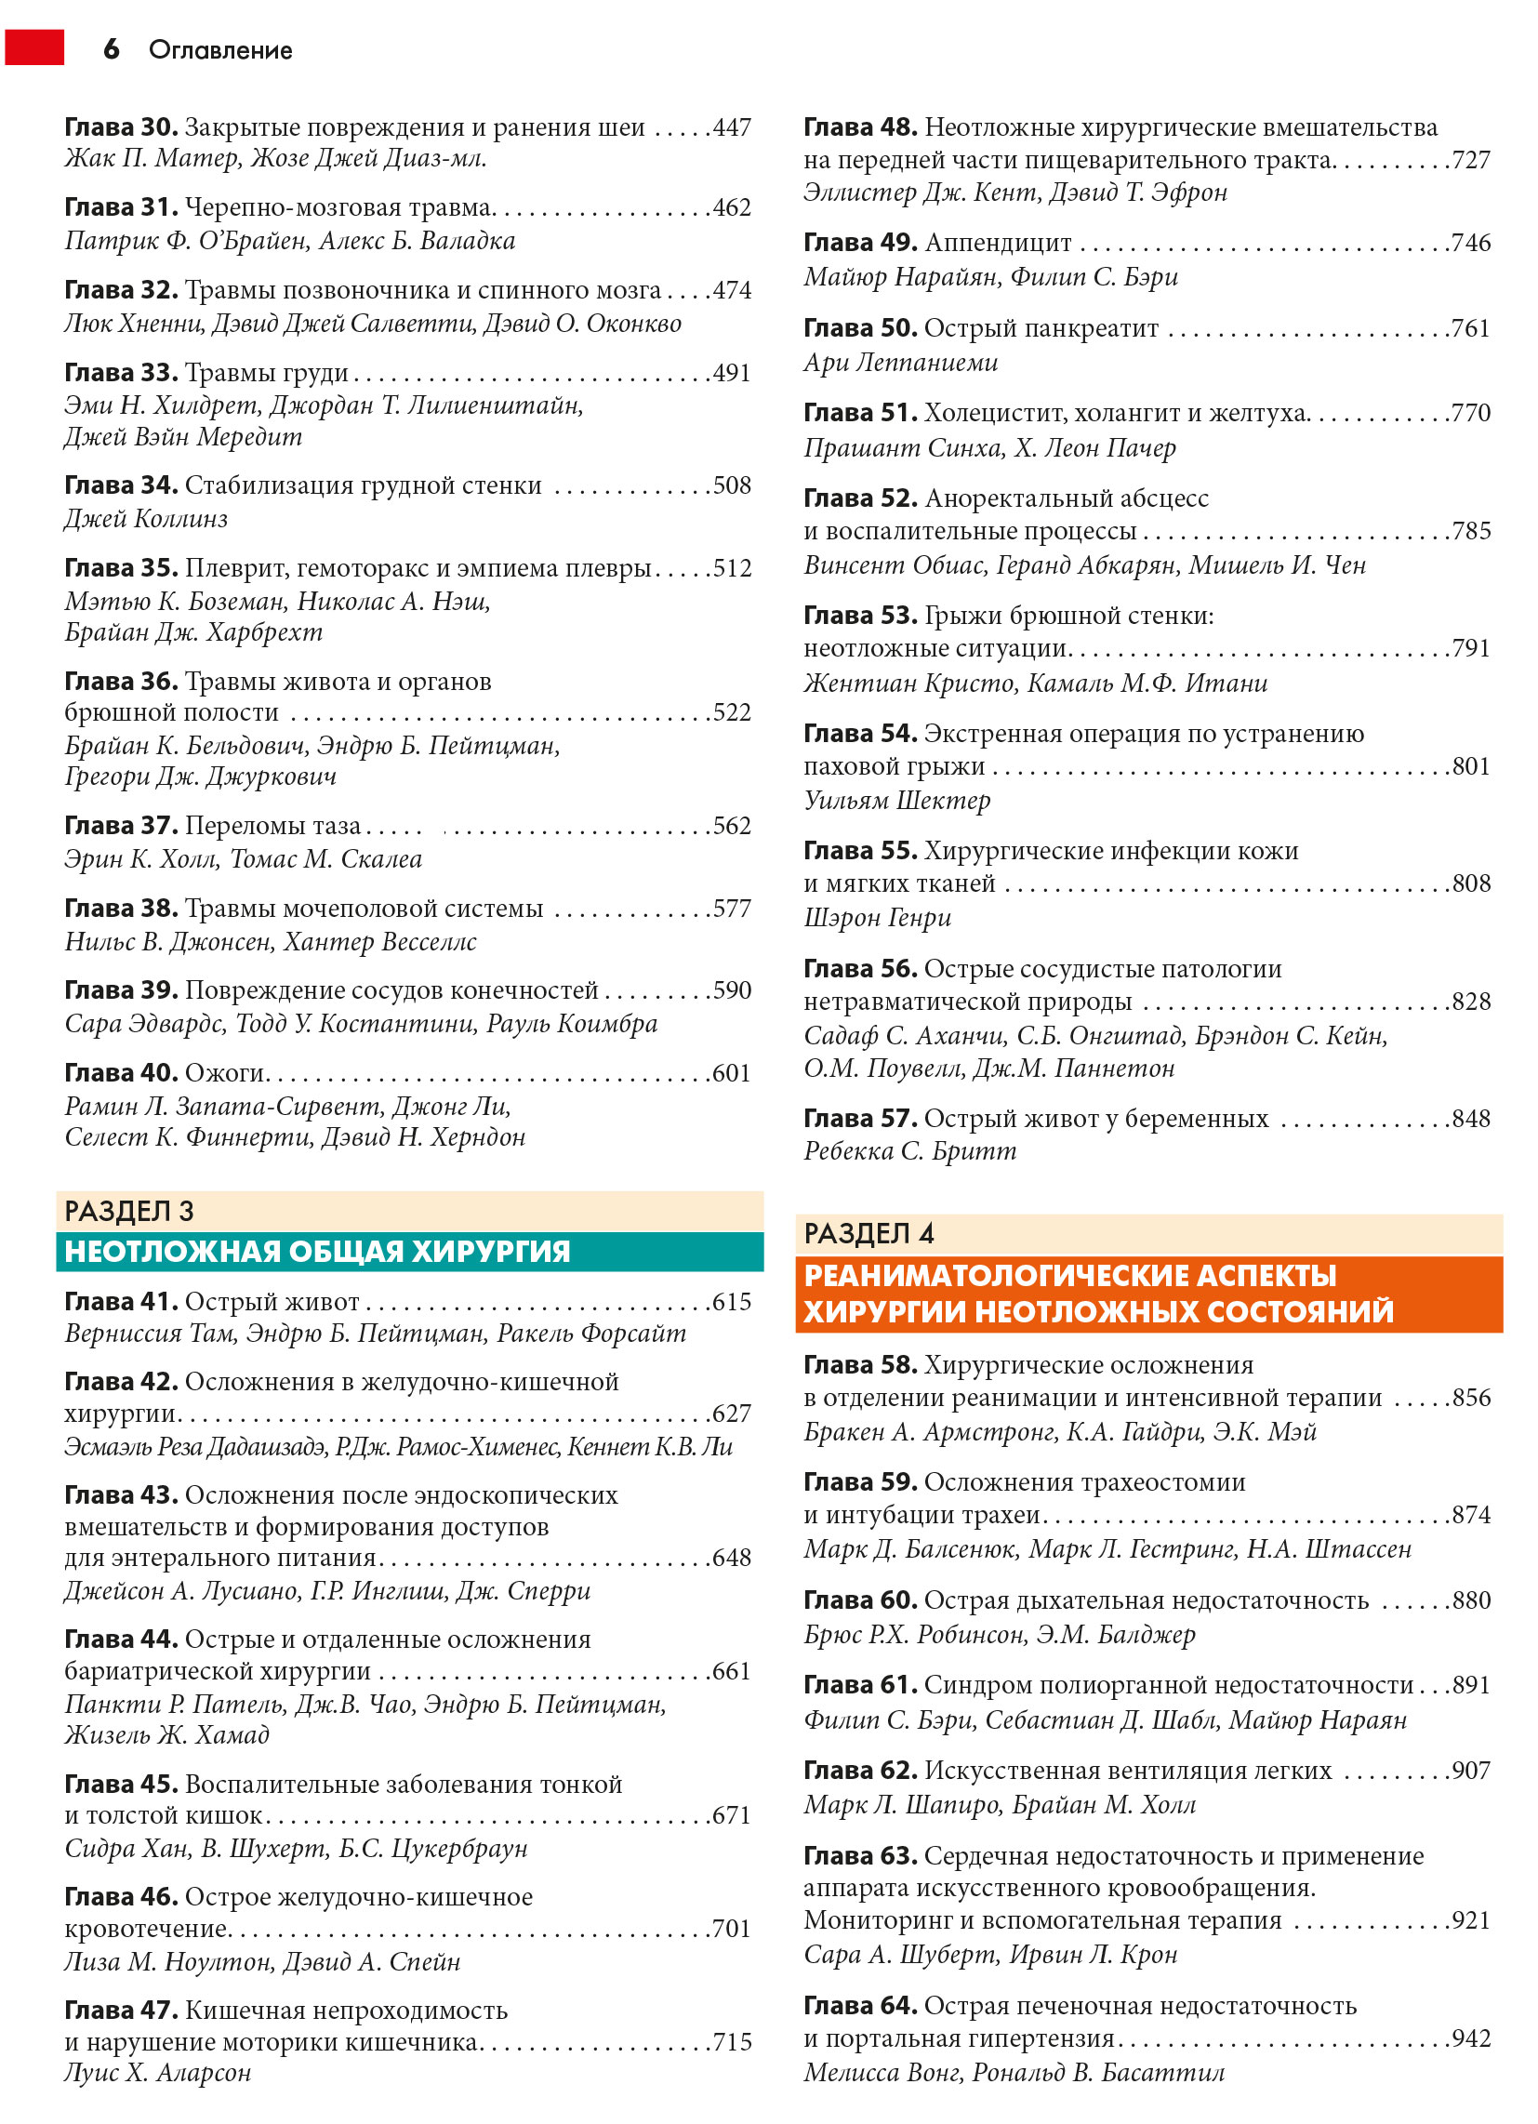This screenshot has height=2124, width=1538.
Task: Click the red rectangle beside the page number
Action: [x=34, y=47]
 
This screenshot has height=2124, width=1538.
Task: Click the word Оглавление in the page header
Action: [x=220, y=50]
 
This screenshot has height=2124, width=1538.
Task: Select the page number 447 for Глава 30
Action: [x=732, y=127]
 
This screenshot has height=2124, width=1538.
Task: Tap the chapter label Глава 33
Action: [x=121, y=373]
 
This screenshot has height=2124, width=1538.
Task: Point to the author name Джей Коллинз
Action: [x=146, y=518]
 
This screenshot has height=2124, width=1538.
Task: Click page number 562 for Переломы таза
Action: [x=732, y=826]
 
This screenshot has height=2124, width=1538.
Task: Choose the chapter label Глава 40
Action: [x=121, y=1072]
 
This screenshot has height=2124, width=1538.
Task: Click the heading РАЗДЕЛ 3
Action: [x=129, y=1211]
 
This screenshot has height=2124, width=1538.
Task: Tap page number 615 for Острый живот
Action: [x=732, y=1302]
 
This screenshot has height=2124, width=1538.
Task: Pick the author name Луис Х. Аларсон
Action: [x=157, y=2074]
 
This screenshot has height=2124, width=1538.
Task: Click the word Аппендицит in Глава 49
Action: [x=998, y=243]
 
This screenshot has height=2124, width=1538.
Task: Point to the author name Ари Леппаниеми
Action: [x=900, y=363]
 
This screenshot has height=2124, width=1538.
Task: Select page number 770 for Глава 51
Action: [x=1470, y=413]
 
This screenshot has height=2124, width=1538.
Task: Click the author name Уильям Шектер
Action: [x=896, y=801]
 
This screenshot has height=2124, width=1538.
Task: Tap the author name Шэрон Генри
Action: [x=878, y=918]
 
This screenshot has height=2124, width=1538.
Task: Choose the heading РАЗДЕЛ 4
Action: [x=868, y=1233]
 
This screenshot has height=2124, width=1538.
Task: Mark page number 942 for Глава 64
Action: [x=1470, y=2038]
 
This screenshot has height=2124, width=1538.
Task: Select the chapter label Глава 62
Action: [x=860, y=1770]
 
